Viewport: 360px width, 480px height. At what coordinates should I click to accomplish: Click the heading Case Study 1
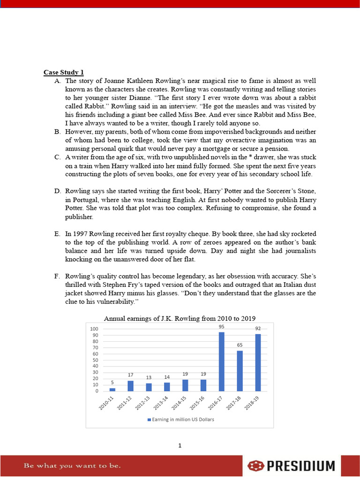coord(64,72)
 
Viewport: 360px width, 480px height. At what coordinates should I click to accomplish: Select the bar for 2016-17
coord(222,361)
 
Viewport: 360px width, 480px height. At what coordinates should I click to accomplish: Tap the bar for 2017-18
coord(240,371)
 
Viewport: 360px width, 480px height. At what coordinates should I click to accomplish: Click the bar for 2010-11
coord(112,389)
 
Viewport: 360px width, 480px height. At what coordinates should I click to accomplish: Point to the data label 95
coord(222,326)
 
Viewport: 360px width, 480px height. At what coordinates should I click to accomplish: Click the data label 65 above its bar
coord(240,345)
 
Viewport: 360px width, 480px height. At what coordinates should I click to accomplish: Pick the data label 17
coord(130,375)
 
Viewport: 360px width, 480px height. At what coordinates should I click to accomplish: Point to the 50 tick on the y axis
coord(95,360)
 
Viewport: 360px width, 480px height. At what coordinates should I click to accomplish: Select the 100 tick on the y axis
coord(94,329)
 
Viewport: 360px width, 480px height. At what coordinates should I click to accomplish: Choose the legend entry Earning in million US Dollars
coord(180,420)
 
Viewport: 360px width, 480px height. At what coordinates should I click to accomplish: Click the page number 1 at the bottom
coord(180,445)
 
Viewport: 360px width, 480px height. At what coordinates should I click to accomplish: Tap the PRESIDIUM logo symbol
coord(256,466)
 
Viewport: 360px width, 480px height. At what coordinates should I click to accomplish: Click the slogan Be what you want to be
coord(72,466)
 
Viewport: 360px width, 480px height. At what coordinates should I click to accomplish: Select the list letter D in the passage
coord(57,191)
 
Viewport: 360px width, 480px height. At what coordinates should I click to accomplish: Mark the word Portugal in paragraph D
coord(84,199)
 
